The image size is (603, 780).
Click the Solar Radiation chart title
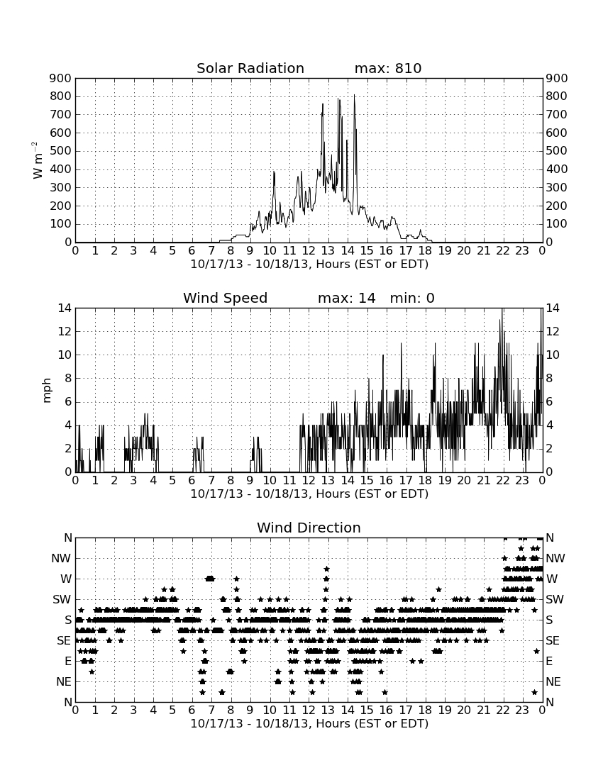click(250, 68)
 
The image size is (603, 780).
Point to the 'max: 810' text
click(388, 68)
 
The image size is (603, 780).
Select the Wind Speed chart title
click(226, 298)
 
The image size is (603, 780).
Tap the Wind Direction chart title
click(309, 528)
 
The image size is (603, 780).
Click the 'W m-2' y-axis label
click(38, 160)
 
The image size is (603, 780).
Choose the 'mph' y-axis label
click(47, 391)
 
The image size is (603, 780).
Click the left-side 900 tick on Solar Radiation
click(61, 79)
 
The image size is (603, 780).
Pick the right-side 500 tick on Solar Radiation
click(557, 151)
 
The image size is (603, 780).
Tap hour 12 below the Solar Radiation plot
click(309, 251)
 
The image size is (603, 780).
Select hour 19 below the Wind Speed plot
click(445, 481)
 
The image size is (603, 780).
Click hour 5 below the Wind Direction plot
click(172, 710)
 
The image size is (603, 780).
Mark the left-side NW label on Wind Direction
click(61, 559)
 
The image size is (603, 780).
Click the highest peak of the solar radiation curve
click(354, 95)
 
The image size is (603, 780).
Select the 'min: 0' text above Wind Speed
click(412, 298)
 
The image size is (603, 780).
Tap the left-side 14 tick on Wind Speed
click(65, 308)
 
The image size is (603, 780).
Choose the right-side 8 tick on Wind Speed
click(550, 379)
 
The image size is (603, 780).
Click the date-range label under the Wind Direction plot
click(309, 723)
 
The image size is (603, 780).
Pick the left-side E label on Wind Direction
click(68, 661)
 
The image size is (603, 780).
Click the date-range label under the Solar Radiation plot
click(309, 264)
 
